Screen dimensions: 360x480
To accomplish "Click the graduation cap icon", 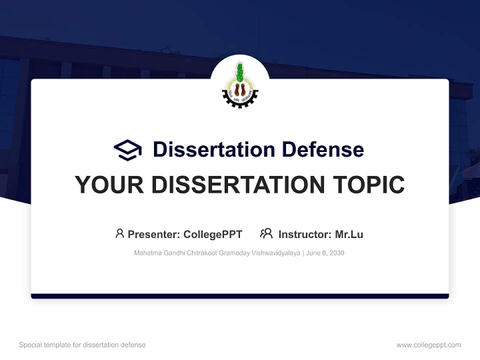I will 127,150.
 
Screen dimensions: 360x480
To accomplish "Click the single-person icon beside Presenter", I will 119,233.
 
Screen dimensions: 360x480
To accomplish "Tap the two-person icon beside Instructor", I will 266,233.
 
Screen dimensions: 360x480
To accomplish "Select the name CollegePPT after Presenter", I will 213,234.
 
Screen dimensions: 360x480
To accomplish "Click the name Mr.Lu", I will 349,234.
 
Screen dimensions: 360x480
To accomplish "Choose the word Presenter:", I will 154,234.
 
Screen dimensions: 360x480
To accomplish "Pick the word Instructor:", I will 304,234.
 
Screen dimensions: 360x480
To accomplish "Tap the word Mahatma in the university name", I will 147,253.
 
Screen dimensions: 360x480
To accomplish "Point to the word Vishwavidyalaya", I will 274,253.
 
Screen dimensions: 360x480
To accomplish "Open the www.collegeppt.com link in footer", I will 428,345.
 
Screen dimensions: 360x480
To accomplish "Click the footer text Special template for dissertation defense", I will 82,345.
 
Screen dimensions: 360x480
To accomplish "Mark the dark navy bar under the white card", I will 240,296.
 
